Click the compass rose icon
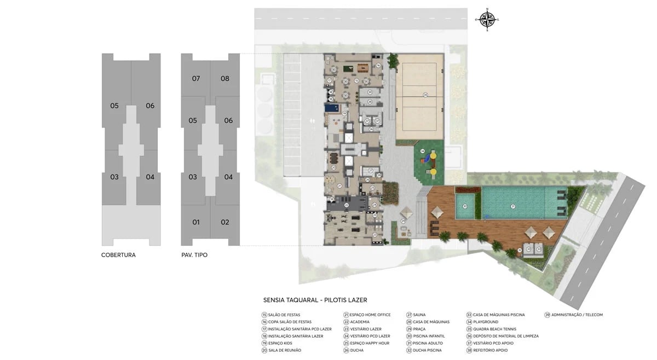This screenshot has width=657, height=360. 486,20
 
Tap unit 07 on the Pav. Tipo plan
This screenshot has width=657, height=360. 196,79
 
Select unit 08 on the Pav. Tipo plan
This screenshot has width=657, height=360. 225,79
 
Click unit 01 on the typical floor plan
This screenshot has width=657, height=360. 196,222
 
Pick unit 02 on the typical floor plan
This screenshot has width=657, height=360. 225,222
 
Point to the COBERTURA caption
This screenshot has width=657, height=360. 118,255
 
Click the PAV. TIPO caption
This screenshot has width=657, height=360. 194,255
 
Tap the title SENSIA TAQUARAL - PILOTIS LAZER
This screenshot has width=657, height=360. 315,300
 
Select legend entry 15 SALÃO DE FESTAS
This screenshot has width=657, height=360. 281,315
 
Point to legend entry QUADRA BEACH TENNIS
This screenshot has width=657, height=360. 493,329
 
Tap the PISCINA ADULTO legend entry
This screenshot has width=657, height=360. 425,343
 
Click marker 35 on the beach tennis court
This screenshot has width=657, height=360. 425,95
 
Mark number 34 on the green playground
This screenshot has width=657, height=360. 422,151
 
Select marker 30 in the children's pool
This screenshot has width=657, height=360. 465,206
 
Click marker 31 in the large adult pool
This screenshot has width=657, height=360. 513,206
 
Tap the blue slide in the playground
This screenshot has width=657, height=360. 424,160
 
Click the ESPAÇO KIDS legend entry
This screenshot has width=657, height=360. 280,343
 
